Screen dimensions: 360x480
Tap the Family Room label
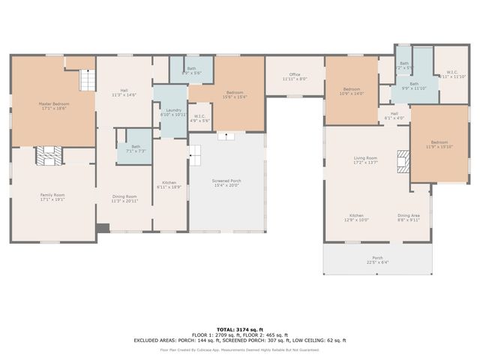coord(52,197)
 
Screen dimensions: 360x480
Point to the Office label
coord(295,76)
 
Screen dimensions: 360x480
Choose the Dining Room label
coord(124,198)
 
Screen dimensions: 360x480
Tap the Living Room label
coord(365,160)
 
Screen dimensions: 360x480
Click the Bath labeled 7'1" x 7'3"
coord(135,148)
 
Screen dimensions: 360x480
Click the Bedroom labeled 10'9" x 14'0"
coord(352,91)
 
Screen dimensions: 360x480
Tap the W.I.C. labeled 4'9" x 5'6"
coord(199,118)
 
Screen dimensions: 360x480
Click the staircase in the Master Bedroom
coord(88,77)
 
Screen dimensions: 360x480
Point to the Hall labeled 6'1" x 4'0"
coord(394,115)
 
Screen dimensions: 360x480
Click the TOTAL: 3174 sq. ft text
coord(240,329)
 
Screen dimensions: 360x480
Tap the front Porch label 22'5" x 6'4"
coord(377,259)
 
